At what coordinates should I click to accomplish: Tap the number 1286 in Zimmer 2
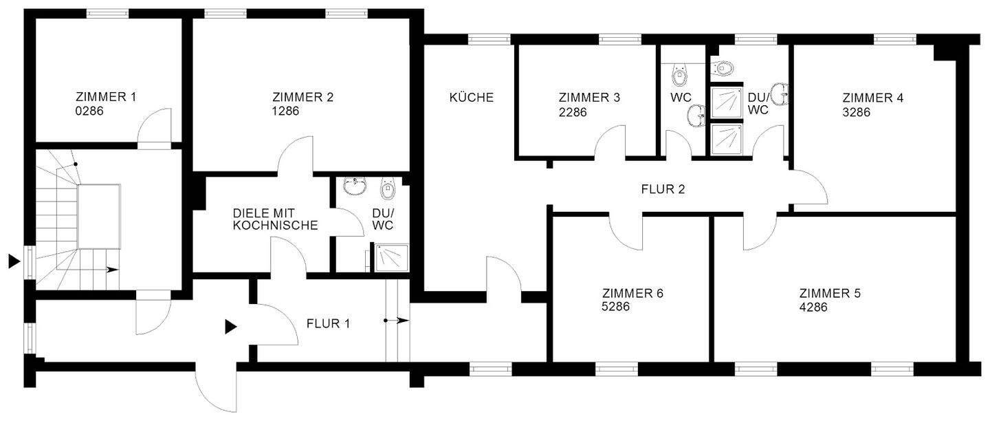(286, 110)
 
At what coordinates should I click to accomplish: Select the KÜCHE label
(472, 97)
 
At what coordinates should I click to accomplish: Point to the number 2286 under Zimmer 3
(573, 112)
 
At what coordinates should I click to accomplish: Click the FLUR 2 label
(663, 188)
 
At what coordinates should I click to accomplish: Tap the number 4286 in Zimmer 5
(813, 307)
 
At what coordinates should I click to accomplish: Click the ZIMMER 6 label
(632, 293)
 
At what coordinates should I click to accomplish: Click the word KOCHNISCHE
(276, 225)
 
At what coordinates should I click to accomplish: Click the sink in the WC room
(696, 116)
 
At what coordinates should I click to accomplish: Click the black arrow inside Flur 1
(231, 326)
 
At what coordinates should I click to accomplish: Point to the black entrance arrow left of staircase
(13, 261)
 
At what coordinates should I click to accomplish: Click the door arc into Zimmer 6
(626, 231)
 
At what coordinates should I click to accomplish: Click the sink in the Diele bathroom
(356, 186)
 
